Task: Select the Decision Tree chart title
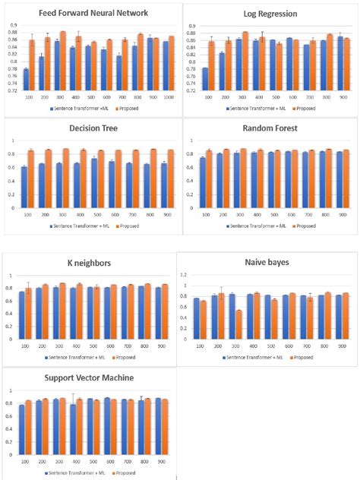pyautogui.click(x=93, y=129)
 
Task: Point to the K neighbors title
pyautogui.click(x=93, y=264)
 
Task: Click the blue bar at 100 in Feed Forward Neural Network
pyautogui.click(x=27, y=80)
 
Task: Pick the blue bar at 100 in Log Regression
pyautogui.click(x=205, y=79)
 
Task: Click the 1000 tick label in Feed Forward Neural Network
pyautogui.click(x=169, y=97)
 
